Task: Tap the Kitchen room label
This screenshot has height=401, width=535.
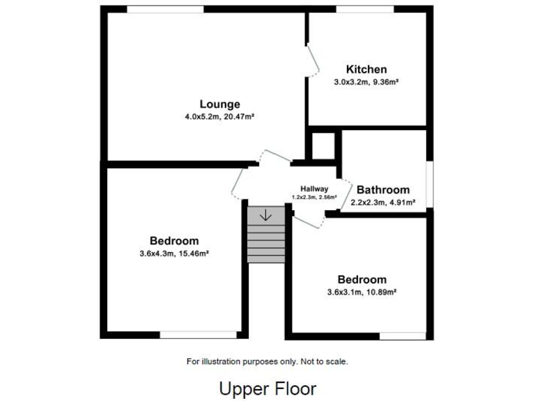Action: tap(366, 69)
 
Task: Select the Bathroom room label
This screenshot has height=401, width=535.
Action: tap(383, 189)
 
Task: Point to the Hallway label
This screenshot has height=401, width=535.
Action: tap(314, 189)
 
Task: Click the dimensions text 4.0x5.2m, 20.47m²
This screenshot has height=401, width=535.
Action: tap(219, 117)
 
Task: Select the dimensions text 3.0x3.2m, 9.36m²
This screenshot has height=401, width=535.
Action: tap(366, 81)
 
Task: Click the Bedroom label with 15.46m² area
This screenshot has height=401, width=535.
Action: tap(174, 241)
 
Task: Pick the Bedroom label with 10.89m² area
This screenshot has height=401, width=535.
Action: tap(362, 279)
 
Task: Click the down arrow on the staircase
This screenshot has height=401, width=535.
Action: tap(265, 216)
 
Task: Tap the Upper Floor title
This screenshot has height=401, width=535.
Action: tap(267, 388)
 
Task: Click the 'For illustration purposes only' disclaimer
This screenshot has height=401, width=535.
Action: tap(267, 361)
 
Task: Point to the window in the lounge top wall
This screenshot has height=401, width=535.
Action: tap(165, 9)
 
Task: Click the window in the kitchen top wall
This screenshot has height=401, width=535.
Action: tap(365, 9)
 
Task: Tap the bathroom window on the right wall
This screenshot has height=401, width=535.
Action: tap(430, 184)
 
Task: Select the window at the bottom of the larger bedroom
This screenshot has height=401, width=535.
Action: tap(198, 335)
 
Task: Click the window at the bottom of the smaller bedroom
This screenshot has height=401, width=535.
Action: tap(402, 336)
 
